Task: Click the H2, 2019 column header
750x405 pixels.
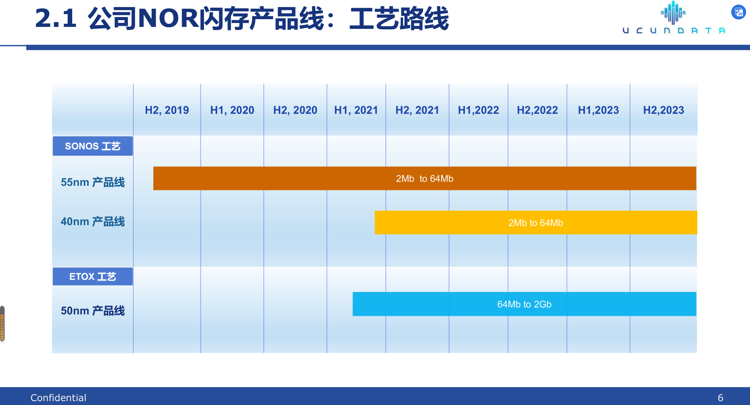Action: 167,110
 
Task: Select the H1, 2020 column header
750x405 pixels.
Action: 232,110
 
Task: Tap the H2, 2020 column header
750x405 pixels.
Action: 295,110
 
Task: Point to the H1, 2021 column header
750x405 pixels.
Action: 356,110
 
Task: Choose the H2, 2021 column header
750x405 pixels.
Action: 417,110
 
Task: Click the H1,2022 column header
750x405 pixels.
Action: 478,110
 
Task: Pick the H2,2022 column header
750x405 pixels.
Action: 537,110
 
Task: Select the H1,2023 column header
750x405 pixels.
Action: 598,110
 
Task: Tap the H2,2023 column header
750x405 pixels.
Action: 664,110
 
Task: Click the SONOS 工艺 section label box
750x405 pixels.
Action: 93,146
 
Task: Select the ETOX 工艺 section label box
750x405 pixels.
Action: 93,276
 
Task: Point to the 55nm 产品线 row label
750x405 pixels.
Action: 93,182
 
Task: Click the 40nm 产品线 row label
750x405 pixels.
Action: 93,222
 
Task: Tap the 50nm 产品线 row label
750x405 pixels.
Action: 93,311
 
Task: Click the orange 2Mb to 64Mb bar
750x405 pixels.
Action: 425,178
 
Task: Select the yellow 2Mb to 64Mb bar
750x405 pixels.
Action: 536,223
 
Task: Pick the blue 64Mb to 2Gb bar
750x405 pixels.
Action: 524,304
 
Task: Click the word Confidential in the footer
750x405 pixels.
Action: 58,398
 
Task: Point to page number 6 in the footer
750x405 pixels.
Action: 720,398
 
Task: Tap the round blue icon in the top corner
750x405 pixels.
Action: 739,12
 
